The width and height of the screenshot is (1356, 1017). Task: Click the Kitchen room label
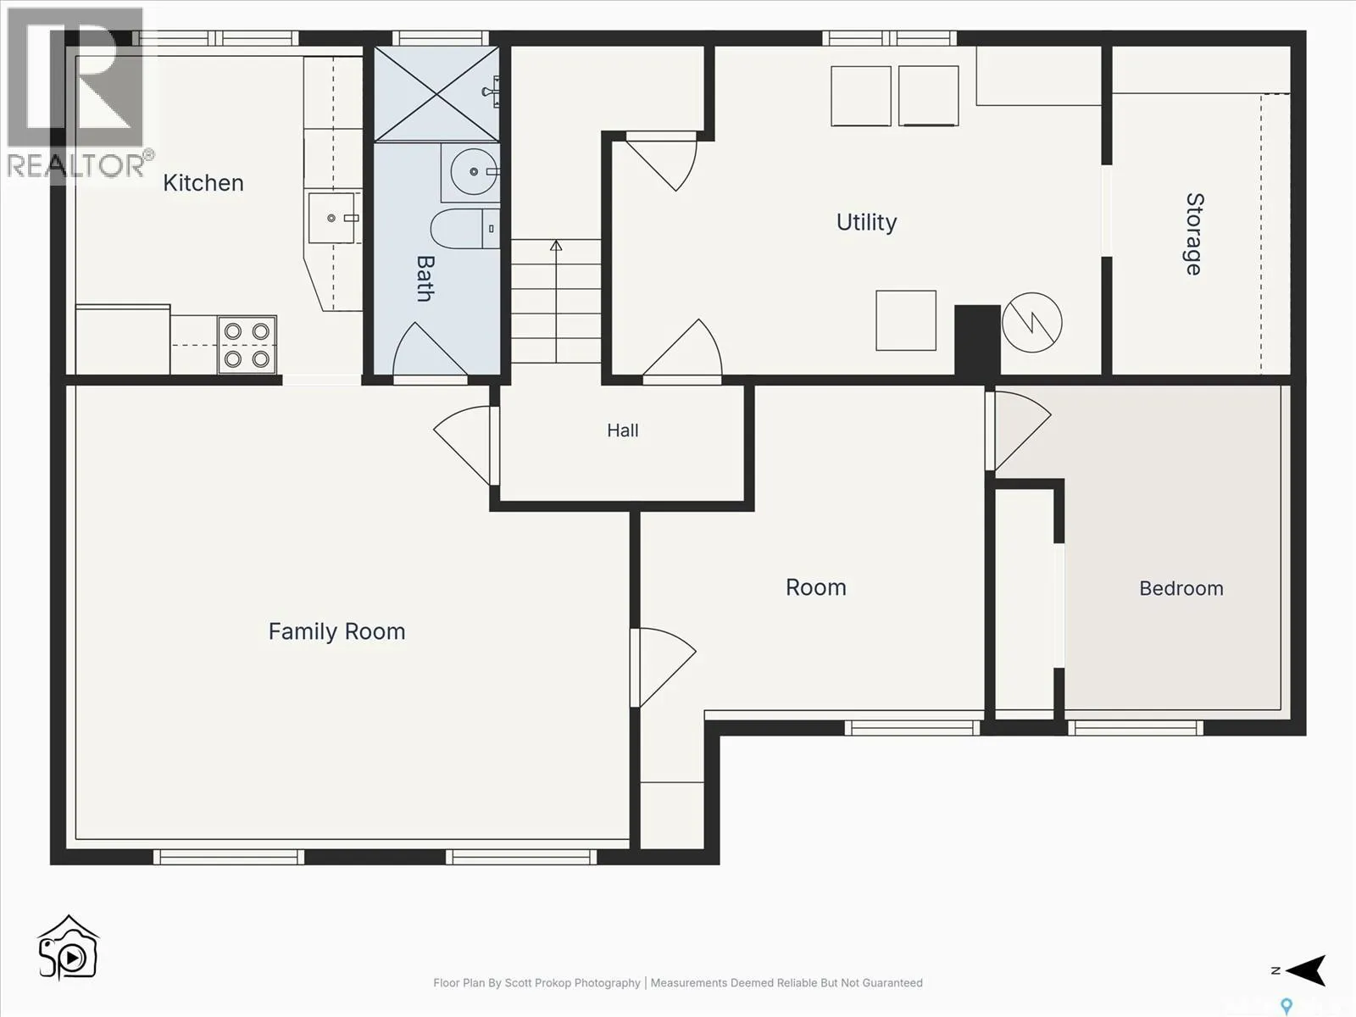click(203, 183)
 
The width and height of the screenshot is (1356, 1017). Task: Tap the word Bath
click(425, 279)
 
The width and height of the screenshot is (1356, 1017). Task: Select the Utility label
click(866, 222)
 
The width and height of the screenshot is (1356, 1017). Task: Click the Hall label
click(623, 431)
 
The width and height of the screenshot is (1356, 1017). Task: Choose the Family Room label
click(336, 631)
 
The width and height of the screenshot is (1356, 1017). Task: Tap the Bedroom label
click(1181, 588)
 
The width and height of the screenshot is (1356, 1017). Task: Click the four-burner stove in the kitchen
click(247, 345)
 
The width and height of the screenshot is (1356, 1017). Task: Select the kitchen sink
click(331, 218)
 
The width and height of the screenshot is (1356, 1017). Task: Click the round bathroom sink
click(474, 172)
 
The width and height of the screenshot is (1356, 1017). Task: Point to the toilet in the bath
click(464, 229)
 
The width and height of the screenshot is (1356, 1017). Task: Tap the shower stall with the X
click(436, 94)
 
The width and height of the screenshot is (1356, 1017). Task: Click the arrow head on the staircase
click(556, 245)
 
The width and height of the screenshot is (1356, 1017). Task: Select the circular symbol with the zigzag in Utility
click(1031, 322)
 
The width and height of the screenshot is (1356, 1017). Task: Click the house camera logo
click(68, 948)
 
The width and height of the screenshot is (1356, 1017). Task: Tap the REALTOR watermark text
click(75, 165)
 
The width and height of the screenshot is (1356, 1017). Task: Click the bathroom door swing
click(430, 349)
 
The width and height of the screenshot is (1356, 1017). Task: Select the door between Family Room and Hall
click(464, 445)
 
